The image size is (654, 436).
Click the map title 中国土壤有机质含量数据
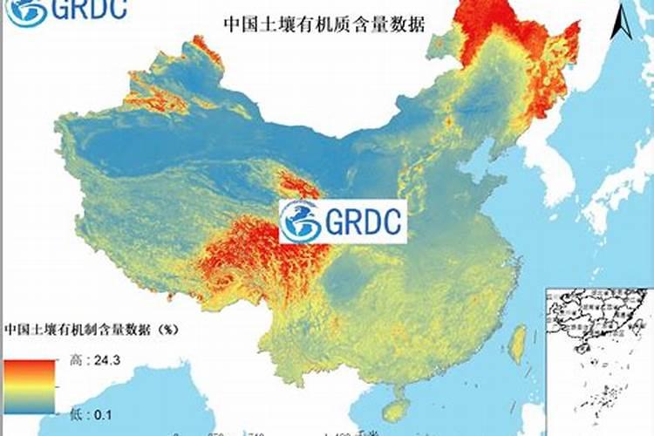(x=324, y=24)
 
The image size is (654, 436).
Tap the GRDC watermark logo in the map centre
(x=343, y=221)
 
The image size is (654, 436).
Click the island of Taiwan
(x=516, y=344)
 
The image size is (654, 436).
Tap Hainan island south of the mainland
(x=398, y=409)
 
